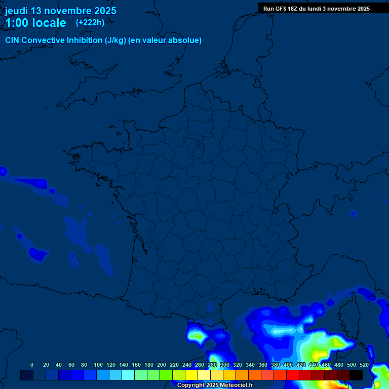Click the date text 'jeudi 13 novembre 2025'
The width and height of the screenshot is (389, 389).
coord(60,11)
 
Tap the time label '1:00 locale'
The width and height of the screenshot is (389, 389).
coord(35,23)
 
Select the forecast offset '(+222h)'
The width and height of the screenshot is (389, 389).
coord(90,22)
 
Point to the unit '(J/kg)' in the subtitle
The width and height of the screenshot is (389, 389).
coord(116,40)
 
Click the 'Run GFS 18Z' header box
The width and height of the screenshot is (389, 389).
coord(316,9)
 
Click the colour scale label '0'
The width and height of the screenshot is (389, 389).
coord(32,365)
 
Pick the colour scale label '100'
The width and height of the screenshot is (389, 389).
coord(98,365)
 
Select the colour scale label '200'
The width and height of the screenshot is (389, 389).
coord(162,365)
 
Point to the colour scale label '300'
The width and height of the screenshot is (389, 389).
coord(225,365)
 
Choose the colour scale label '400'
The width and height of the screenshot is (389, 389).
coord(288,365)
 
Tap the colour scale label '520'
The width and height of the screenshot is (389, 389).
coord(364,365)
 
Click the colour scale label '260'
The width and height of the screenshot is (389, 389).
coord(200,365)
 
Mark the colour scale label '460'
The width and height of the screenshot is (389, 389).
coord(326,365)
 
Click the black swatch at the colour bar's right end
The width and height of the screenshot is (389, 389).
coord(356,375)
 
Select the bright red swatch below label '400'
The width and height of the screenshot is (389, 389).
coord(293,375)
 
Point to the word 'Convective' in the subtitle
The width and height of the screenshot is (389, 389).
coord(44,40)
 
